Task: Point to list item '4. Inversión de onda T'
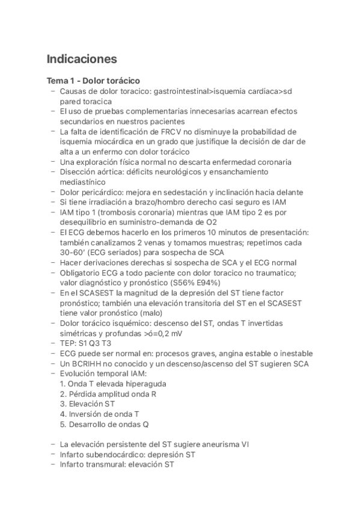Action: (x=100, y=414)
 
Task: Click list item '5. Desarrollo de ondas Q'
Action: (x=105, y=424)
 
